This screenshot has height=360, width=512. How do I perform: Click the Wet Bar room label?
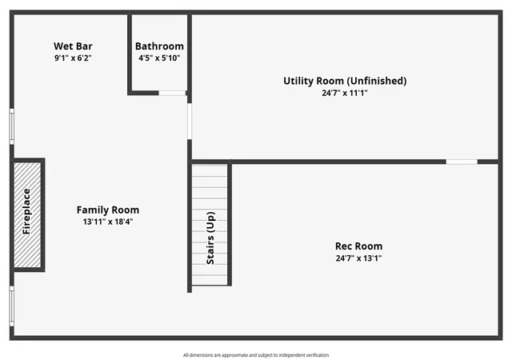click(73, 46)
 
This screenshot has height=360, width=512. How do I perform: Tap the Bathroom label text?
click(159, 46)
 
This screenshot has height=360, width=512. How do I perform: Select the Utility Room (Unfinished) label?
click(345, 81)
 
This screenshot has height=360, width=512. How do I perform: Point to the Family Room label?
click(108, 210)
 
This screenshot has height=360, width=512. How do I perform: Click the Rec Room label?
click(358, 246)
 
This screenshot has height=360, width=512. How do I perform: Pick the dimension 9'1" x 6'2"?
click(73, 58)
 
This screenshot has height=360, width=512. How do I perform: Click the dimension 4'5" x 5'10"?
click(159, 58)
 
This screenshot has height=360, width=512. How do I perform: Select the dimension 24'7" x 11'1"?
click(345, 93)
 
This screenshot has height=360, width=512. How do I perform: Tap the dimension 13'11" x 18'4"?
click(108, 222)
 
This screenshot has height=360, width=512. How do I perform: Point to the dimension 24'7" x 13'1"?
click(358, 258)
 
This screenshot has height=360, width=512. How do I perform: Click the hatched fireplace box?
click(27, 214)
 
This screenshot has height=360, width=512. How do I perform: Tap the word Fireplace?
click(26, 211)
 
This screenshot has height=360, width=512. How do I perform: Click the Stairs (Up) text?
click(210, 238)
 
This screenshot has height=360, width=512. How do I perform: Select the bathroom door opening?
click(173, 93)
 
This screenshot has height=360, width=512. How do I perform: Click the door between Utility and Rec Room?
click(462, 162)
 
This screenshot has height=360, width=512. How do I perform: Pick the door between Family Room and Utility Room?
click(190, 122)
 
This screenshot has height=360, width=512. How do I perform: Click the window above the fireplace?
click(12, 126)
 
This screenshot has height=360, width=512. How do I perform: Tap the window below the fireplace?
click(12, 306)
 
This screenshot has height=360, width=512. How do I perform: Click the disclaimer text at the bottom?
click(256, 355)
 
